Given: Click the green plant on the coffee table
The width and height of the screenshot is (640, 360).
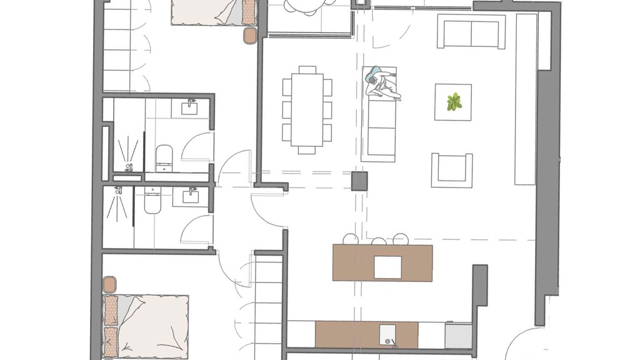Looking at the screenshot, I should (454, 101).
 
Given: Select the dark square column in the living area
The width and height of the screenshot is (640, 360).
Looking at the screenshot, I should (360, 181).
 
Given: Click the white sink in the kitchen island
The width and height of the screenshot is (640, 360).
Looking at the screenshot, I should (387, 267).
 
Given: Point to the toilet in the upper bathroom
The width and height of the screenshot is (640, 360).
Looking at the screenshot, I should (164, 156).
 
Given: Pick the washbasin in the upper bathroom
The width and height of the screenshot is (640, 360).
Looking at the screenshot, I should (190, 107).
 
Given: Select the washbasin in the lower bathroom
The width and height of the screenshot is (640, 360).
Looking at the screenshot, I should (190, 197).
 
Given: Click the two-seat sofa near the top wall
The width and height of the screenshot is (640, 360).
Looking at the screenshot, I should (471, 32).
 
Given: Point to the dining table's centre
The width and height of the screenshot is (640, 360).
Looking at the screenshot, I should (307, 110).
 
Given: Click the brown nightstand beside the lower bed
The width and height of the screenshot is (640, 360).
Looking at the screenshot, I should (110, 285).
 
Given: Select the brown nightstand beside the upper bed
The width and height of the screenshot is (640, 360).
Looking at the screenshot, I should (251, 35).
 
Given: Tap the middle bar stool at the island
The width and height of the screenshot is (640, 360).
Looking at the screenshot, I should (379, 241).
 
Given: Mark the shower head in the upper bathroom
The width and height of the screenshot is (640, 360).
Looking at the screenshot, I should (129, 167).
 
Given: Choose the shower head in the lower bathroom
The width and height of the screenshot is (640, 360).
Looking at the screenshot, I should (118, 191).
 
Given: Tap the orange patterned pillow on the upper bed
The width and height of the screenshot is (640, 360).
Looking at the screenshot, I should (249, 11).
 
